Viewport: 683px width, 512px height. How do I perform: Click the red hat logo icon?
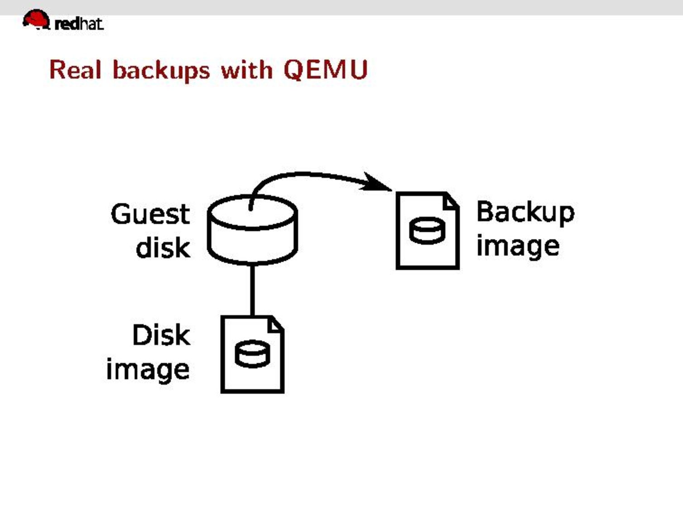point(36,20)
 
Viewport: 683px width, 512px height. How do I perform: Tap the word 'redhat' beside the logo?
point(79,24)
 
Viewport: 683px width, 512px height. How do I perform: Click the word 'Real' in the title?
point(75,70)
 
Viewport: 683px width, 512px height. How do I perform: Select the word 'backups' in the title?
point(161,71)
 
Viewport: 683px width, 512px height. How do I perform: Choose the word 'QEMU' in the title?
point(325,70)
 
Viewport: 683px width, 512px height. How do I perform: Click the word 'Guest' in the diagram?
point(150,214)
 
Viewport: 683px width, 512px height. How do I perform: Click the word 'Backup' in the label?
point(525,212)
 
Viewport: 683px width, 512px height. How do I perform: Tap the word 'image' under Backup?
point(518,247)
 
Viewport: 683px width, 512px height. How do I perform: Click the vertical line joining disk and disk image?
point(252,290)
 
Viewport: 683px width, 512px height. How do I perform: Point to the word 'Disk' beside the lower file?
point(161,335)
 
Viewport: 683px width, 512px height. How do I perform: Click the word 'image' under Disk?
point(148,370)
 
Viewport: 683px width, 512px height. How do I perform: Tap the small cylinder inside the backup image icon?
point(427,230)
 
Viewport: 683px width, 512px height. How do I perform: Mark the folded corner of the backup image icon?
point(451,201)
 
